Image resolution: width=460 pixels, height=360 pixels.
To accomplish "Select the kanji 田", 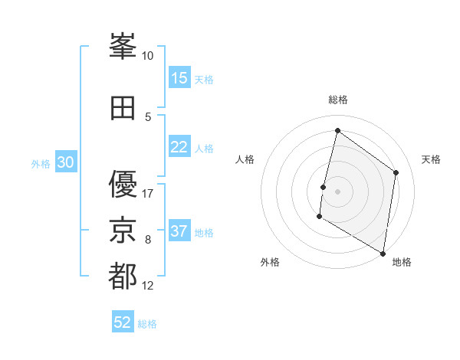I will [x=123, y=108].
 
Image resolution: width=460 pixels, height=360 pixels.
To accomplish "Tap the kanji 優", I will [x=123, y=185].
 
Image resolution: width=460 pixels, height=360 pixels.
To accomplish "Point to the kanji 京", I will [x=123, y=231].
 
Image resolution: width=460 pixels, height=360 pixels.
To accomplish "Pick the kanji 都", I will [x=123, y=276].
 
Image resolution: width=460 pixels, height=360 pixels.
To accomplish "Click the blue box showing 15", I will [x=179, y=78].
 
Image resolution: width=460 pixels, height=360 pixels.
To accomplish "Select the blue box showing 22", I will [x=179, y=147].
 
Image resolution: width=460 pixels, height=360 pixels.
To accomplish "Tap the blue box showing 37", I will [x=179, y=231].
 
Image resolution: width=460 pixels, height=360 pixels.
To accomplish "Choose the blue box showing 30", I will [x=66, y=162].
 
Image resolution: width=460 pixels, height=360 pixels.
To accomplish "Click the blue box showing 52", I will [x=123, y=322].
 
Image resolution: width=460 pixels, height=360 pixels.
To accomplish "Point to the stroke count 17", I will [x=148, y=193].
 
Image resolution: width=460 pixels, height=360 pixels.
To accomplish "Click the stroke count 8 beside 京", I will [x=148, y=240].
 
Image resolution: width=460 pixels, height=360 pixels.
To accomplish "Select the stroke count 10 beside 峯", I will [x=148, y=56].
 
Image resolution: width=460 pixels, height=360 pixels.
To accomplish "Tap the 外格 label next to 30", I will [x=41, y=163].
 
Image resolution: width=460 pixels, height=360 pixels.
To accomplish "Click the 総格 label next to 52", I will [x=147, y=324].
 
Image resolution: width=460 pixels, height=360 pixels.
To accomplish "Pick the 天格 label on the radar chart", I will [x=432, y=159].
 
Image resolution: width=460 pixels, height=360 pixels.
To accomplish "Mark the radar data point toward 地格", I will [x=382, y=253].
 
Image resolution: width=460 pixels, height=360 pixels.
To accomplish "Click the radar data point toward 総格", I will [x=337, y=130].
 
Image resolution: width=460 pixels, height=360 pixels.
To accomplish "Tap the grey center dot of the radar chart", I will [x=337, y=191].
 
